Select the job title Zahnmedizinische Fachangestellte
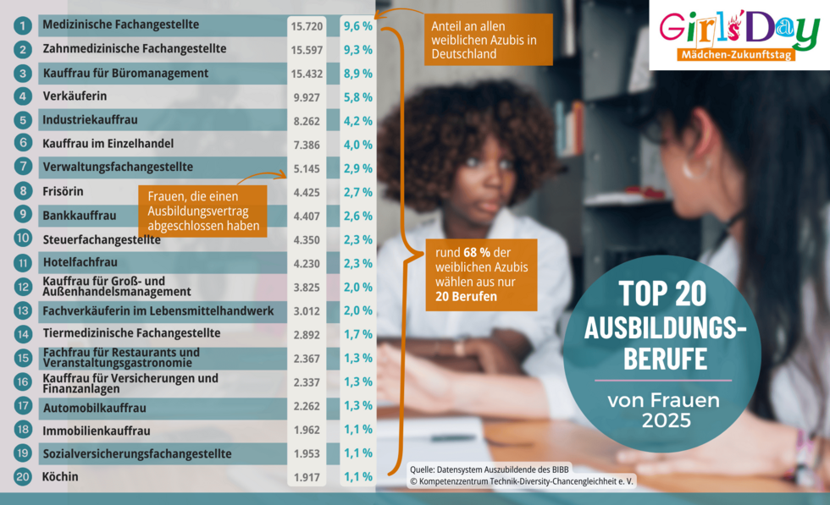(x=134, y=49)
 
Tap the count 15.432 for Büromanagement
(x=306, y=74)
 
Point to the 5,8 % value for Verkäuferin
(x=357, y=97)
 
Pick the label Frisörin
(x=63, y=191)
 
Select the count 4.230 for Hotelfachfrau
(x=306, y=263)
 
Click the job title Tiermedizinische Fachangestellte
(x=131, y=333)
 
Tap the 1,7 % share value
(x=357, y=334)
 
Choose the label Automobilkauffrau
(x=94, y=406)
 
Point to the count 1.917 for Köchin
(x=306, y=477)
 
